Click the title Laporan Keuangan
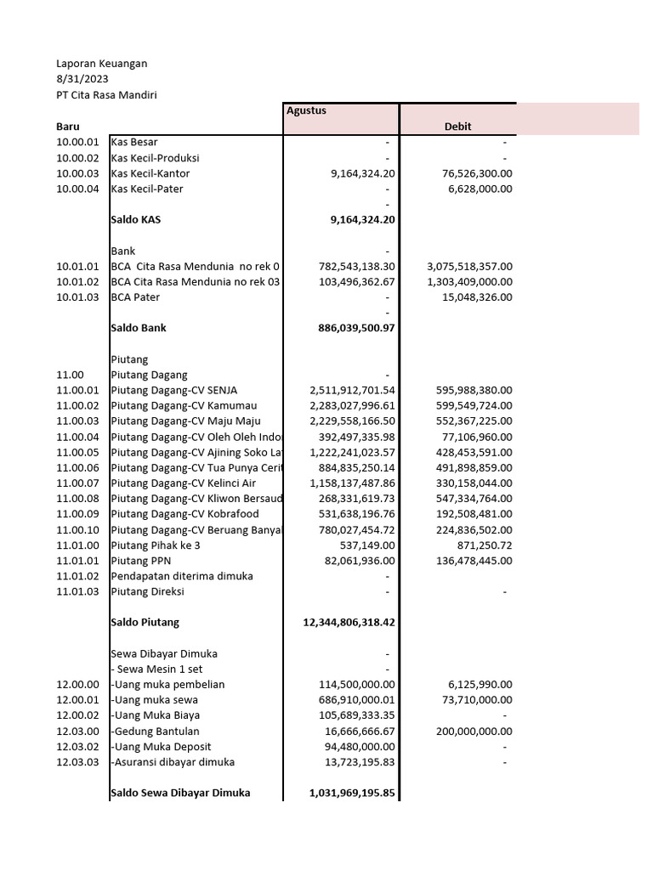(101, 64)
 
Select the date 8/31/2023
(82, 79)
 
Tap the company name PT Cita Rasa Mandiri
(106, 95)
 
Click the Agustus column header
(306, 110)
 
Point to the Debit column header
(457, 126)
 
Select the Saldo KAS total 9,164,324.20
(362, 219)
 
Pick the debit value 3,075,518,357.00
(469, 266)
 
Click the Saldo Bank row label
(139, 328)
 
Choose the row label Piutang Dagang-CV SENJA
(173, 390)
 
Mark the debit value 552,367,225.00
(469, 421)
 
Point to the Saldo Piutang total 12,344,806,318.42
(349, 623)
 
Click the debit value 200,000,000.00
(469, 731)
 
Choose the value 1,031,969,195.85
(352, 794)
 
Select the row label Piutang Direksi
(147, 591)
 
